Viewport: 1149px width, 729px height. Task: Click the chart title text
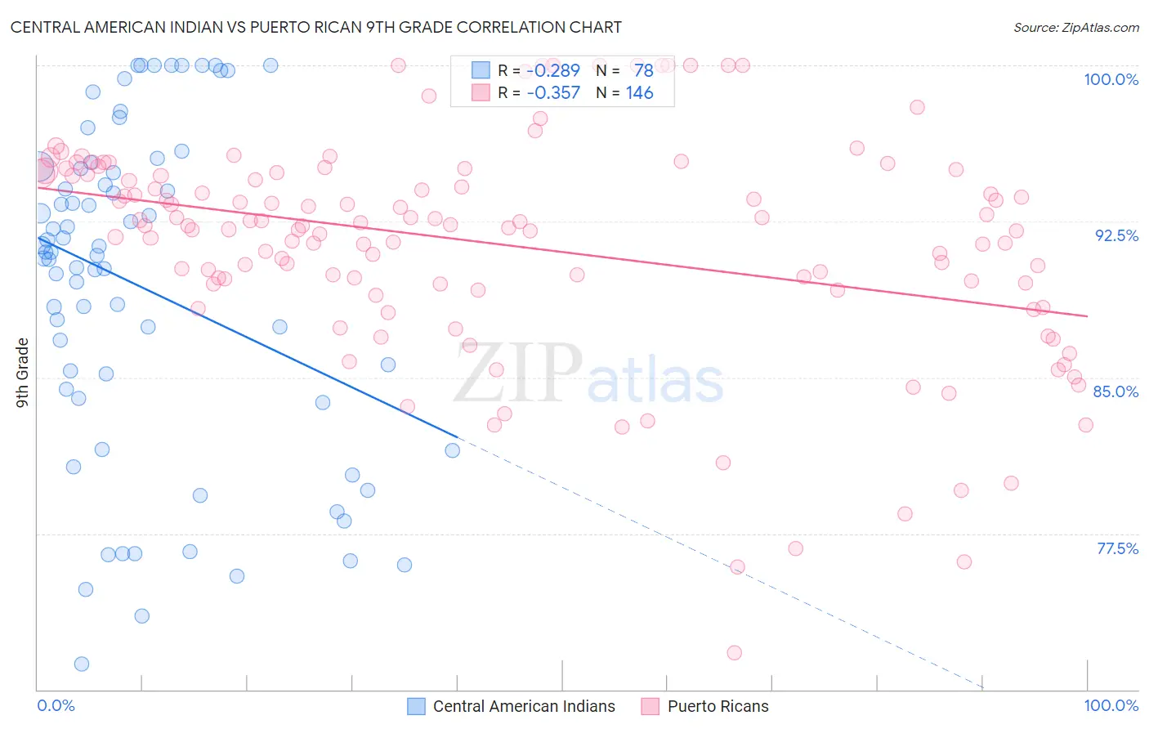click(x=315, y=27)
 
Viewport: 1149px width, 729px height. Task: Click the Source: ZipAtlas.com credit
click(x=1075, y=27)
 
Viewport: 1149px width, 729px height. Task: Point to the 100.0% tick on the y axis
click(x=1111, y=79)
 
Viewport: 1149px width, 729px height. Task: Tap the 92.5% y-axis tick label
click(x=1116, y=235)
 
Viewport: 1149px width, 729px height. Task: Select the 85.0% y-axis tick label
click(x=1115, y=391)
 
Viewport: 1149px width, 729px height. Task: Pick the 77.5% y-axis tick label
click(x=1117, y=548)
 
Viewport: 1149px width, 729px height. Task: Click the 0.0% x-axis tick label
click(x=56, y=705)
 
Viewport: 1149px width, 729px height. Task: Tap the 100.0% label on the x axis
click(x=1111, y=705)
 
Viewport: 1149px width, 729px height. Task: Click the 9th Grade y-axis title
click(x=22, y=373)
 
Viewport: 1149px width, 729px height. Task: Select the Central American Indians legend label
click(x=524, y=706)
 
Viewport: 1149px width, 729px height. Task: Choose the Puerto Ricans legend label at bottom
click(x=718, y=706)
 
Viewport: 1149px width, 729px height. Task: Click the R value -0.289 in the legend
click(x=553, y=71)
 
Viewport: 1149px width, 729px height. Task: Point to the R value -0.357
click(x=553, y=93)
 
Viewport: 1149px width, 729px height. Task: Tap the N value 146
click(x=640, y=93)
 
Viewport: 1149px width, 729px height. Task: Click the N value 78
click(x=644, y=71)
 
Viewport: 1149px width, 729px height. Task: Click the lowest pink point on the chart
click(x=734, y=652)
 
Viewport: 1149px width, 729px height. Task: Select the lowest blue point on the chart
click(x=82, y=664)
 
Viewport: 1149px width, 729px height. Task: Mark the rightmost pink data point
click(x=1085, y=425)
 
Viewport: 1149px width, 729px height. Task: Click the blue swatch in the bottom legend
click(x=417, y=706)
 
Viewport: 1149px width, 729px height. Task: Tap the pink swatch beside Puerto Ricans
click(x=651, y=706)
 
